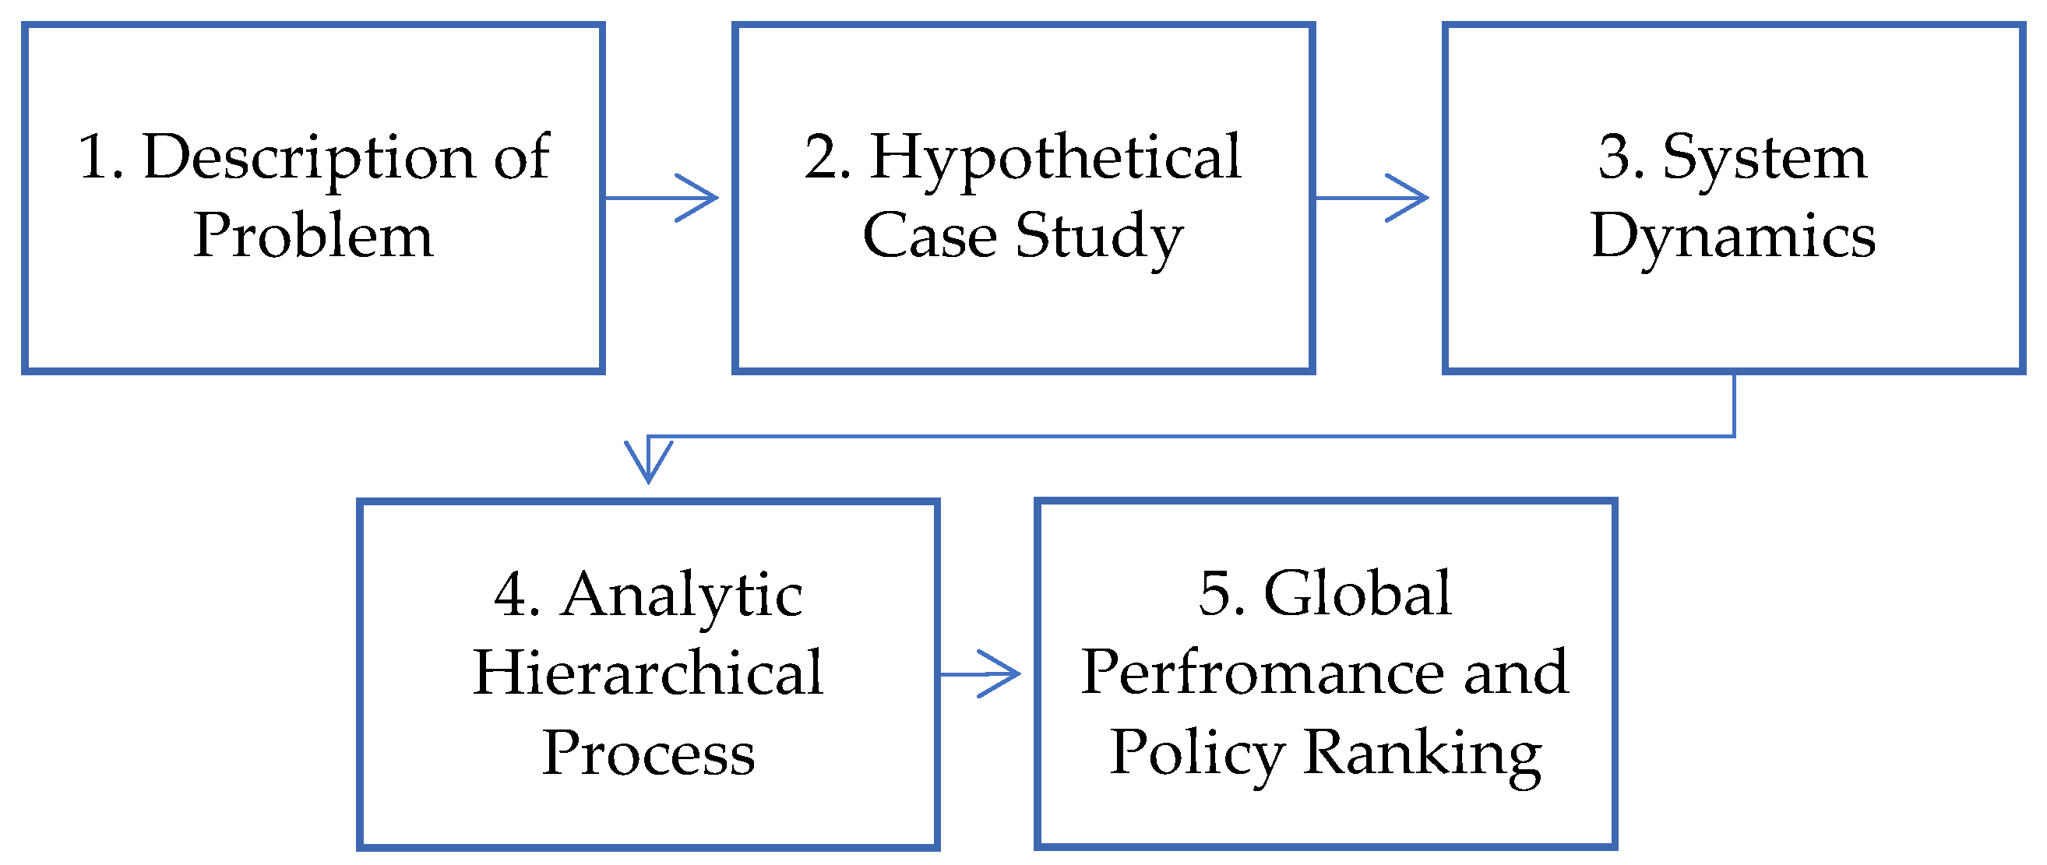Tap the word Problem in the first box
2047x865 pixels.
[313, 237]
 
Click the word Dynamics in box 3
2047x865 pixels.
[1733, 237]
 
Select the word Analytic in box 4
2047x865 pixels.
[682, 596]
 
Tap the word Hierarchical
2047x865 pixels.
[647, 673]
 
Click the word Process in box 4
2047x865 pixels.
[647, 753]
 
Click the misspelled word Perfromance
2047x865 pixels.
[1263, 673]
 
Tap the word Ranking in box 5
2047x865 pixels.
[1422, 753]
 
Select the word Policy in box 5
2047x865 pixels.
[1196, 753]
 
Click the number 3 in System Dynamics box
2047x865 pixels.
[1621, 157]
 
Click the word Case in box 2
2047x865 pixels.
[929, 237]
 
